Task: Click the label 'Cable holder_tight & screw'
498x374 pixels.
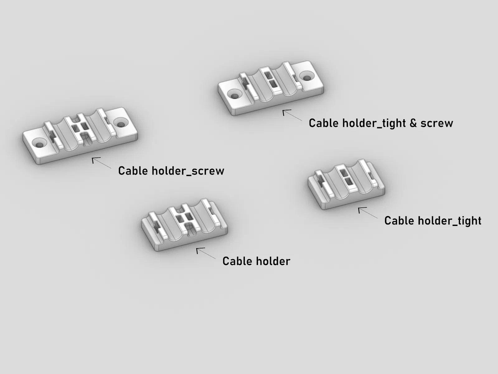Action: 381,123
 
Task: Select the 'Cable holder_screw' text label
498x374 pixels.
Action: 171,171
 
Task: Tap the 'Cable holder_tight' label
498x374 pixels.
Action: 433,221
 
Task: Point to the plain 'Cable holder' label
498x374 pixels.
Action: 256,261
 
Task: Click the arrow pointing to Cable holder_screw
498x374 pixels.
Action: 102,163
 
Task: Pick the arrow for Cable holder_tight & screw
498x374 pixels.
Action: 292,115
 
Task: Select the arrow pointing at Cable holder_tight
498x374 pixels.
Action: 368,213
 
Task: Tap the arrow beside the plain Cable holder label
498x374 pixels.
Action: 206,253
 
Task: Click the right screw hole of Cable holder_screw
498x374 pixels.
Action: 121,123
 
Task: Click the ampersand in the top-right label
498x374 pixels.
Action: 413,123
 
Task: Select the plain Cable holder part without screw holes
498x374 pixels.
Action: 184,225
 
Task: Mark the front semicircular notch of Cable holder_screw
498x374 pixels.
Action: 86,139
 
